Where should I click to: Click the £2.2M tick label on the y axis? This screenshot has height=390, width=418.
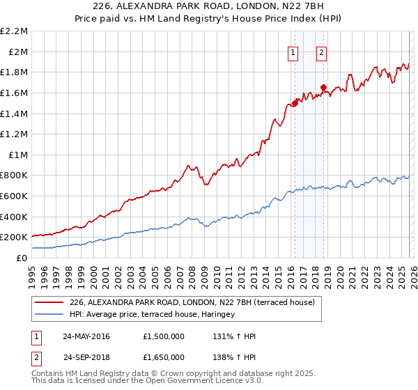click(x=15, y=31)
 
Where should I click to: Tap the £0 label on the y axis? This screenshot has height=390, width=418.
click(x=22, y=258)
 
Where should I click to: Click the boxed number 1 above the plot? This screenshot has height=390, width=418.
click(x=293, y=52)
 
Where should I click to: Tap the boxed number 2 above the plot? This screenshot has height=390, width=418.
click(x=322, y=52)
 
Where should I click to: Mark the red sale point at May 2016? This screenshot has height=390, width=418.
click(x=295, y=103)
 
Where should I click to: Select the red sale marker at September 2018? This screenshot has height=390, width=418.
click(x=324, y=88)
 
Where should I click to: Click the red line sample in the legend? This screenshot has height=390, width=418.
click(x=49, y=303)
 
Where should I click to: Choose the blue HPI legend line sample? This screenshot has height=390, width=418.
click(x=49, y=315)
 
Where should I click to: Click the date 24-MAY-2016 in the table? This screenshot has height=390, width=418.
click(x=87, y=336)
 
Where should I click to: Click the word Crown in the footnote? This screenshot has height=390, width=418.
click(x=190, y=374)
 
